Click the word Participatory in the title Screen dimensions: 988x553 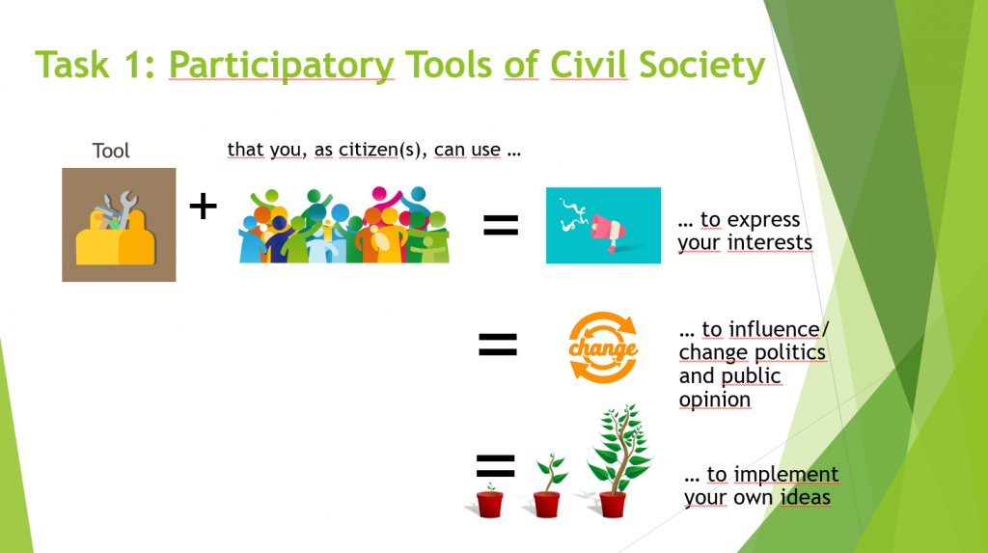coord(282,65)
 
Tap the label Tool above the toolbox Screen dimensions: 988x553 coord(111,151)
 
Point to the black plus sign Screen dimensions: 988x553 coord(203,207)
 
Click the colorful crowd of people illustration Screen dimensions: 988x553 coord(344,225)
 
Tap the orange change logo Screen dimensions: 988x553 coord(603,347)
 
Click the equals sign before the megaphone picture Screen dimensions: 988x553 coord(501,225)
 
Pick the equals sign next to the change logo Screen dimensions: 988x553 coord(498,345)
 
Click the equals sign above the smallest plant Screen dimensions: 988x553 coord(496,466)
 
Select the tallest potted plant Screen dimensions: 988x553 coord(618,461)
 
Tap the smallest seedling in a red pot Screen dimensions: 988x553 coord(489,500)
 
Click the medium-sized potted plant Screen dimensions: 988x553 coord(549,485)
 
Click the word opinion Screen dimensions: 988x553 coord(715,401)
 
